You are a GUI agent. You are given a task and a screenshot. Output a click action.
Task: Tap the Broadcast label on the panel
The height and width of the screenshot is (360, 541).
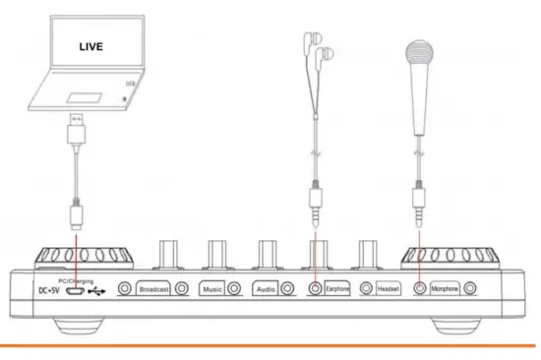pyautogui.click(x=154, y=289)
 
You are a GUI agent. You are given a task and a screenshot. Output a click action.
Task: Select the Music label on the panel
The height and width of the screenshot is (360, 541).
pyautogui.click(x=211, y=289)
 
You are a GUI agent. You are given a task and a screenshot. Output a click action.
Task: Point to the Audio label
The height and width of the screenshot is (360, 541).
pyautogui.click(x=264, y=289)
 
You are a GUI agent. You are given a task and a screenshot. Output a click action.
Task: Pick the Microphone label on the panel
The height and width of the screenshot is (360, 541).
pyautogui.click(x=445, y=289)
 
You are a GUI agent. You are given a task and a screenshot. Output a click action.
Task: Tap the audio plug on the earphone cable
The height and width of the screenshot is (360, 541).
pyautogui.click(x=314, y=206)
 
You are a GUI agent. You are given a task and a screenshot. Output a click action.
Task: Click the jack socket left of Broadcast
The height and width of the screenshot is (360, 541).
pyautogui.click(x=126, y=289)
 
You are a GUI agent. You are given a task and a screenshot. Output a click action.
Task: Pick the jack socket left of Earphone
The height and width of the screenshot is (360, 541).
pyautogui.click(x=314, y=289)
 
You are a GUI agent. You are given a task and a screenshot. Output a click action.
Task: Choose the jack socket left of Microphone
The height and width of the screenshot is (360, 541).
pyautogui.click(x=418, y=289)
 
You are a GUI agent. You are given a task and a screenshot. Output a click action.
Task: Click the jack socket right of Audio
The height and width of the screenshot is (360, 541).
pyautogui.click(x=287, y=289)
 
